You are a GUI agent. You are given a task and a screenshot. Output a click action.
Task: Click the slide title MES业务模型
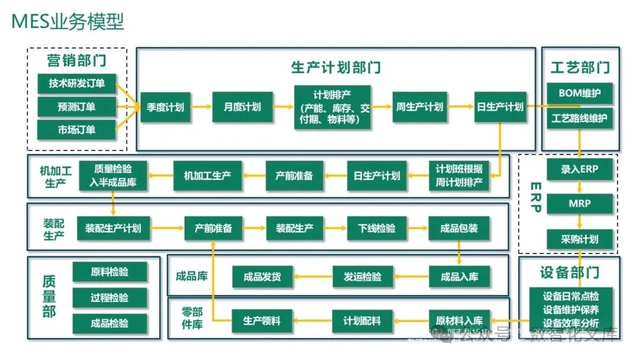click(x=68, y=22)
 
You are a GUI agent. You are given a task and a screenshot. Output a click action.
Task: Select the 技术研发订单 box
click(x=76, y=83)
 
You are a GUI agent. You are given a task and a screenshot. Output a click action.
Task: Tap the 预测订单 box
click(x=76, y=107)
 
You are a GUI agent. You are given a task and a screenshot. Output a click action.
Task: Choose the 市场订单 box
click(x=76, y=130)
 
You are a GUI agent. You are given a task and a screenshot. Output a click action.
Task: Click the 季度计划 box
click(x=166, y=107)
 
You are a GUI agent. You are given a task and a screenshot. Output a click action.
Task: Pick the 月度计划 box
click(x=242, y=107)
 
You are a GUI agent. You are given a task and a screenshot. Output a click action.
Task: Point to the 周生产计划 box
click(x=419, y=107)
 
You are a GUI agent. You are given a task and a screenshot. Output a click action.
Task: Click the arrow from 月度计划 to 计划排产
click(x=283, y=107)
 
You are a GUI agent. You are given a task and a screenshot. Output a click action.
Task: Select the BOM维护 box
click(x=579, y=93)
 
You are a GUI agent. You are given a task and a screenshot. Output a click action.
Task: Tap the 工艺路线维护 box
click(x=579, y=118)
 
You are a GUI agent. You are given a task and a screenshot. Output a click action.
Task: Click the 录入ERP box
click(x=579, y=169)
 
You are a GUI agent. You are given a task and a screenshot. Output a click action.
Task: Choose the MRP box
click(x=579, y=204)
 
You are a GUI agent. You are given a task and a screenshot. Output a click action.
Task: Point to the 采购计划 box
click(x=579, y=239)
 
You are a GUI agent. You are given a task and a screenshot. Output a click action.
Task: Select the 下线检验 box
click(x=377, y=228)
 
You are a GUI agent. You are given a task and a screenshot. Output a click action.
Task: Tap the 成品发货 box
click(x=262, y=277)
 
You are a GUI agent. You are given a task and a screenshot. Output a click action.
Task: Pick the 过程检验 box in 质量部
click(x=109, y=298)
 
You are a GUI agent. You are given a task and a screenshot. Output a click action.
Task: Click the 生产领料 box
click(x=262, y=321)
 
